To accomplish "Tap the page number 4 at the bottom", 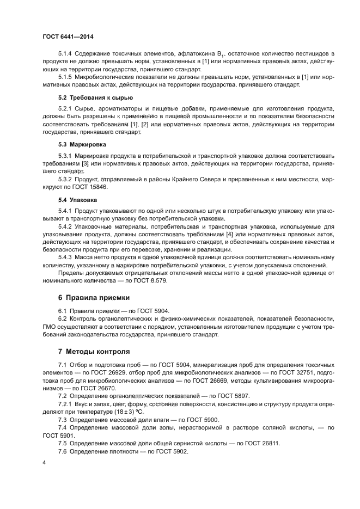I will click(44, 462).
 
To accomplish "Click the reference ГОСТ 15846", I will click(85, 187).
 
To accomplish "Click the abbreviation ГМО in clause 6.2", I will click(50, 326).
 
